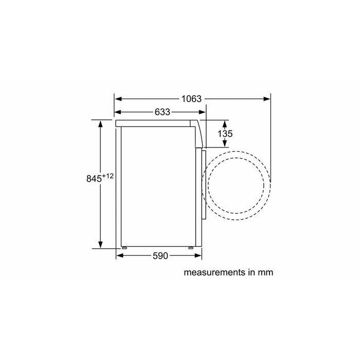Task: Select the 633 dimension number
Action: [x=162, y=112]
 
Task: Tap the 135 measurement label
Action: [x=225, y=134]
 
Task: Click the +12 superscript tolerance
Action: [x=107, y=176]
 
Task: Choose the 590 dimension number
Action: [x=160, y=256]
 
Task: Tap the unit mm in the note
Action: [x=265, y=273]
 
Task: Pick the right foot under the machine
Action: [x=191, y=248]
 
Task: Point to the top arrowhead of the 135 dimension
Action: [x=225, y=122]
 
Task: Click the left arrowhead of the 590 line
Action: [x=119, y=256]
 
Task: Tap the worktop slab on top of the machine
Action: [x=154, y=123]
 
